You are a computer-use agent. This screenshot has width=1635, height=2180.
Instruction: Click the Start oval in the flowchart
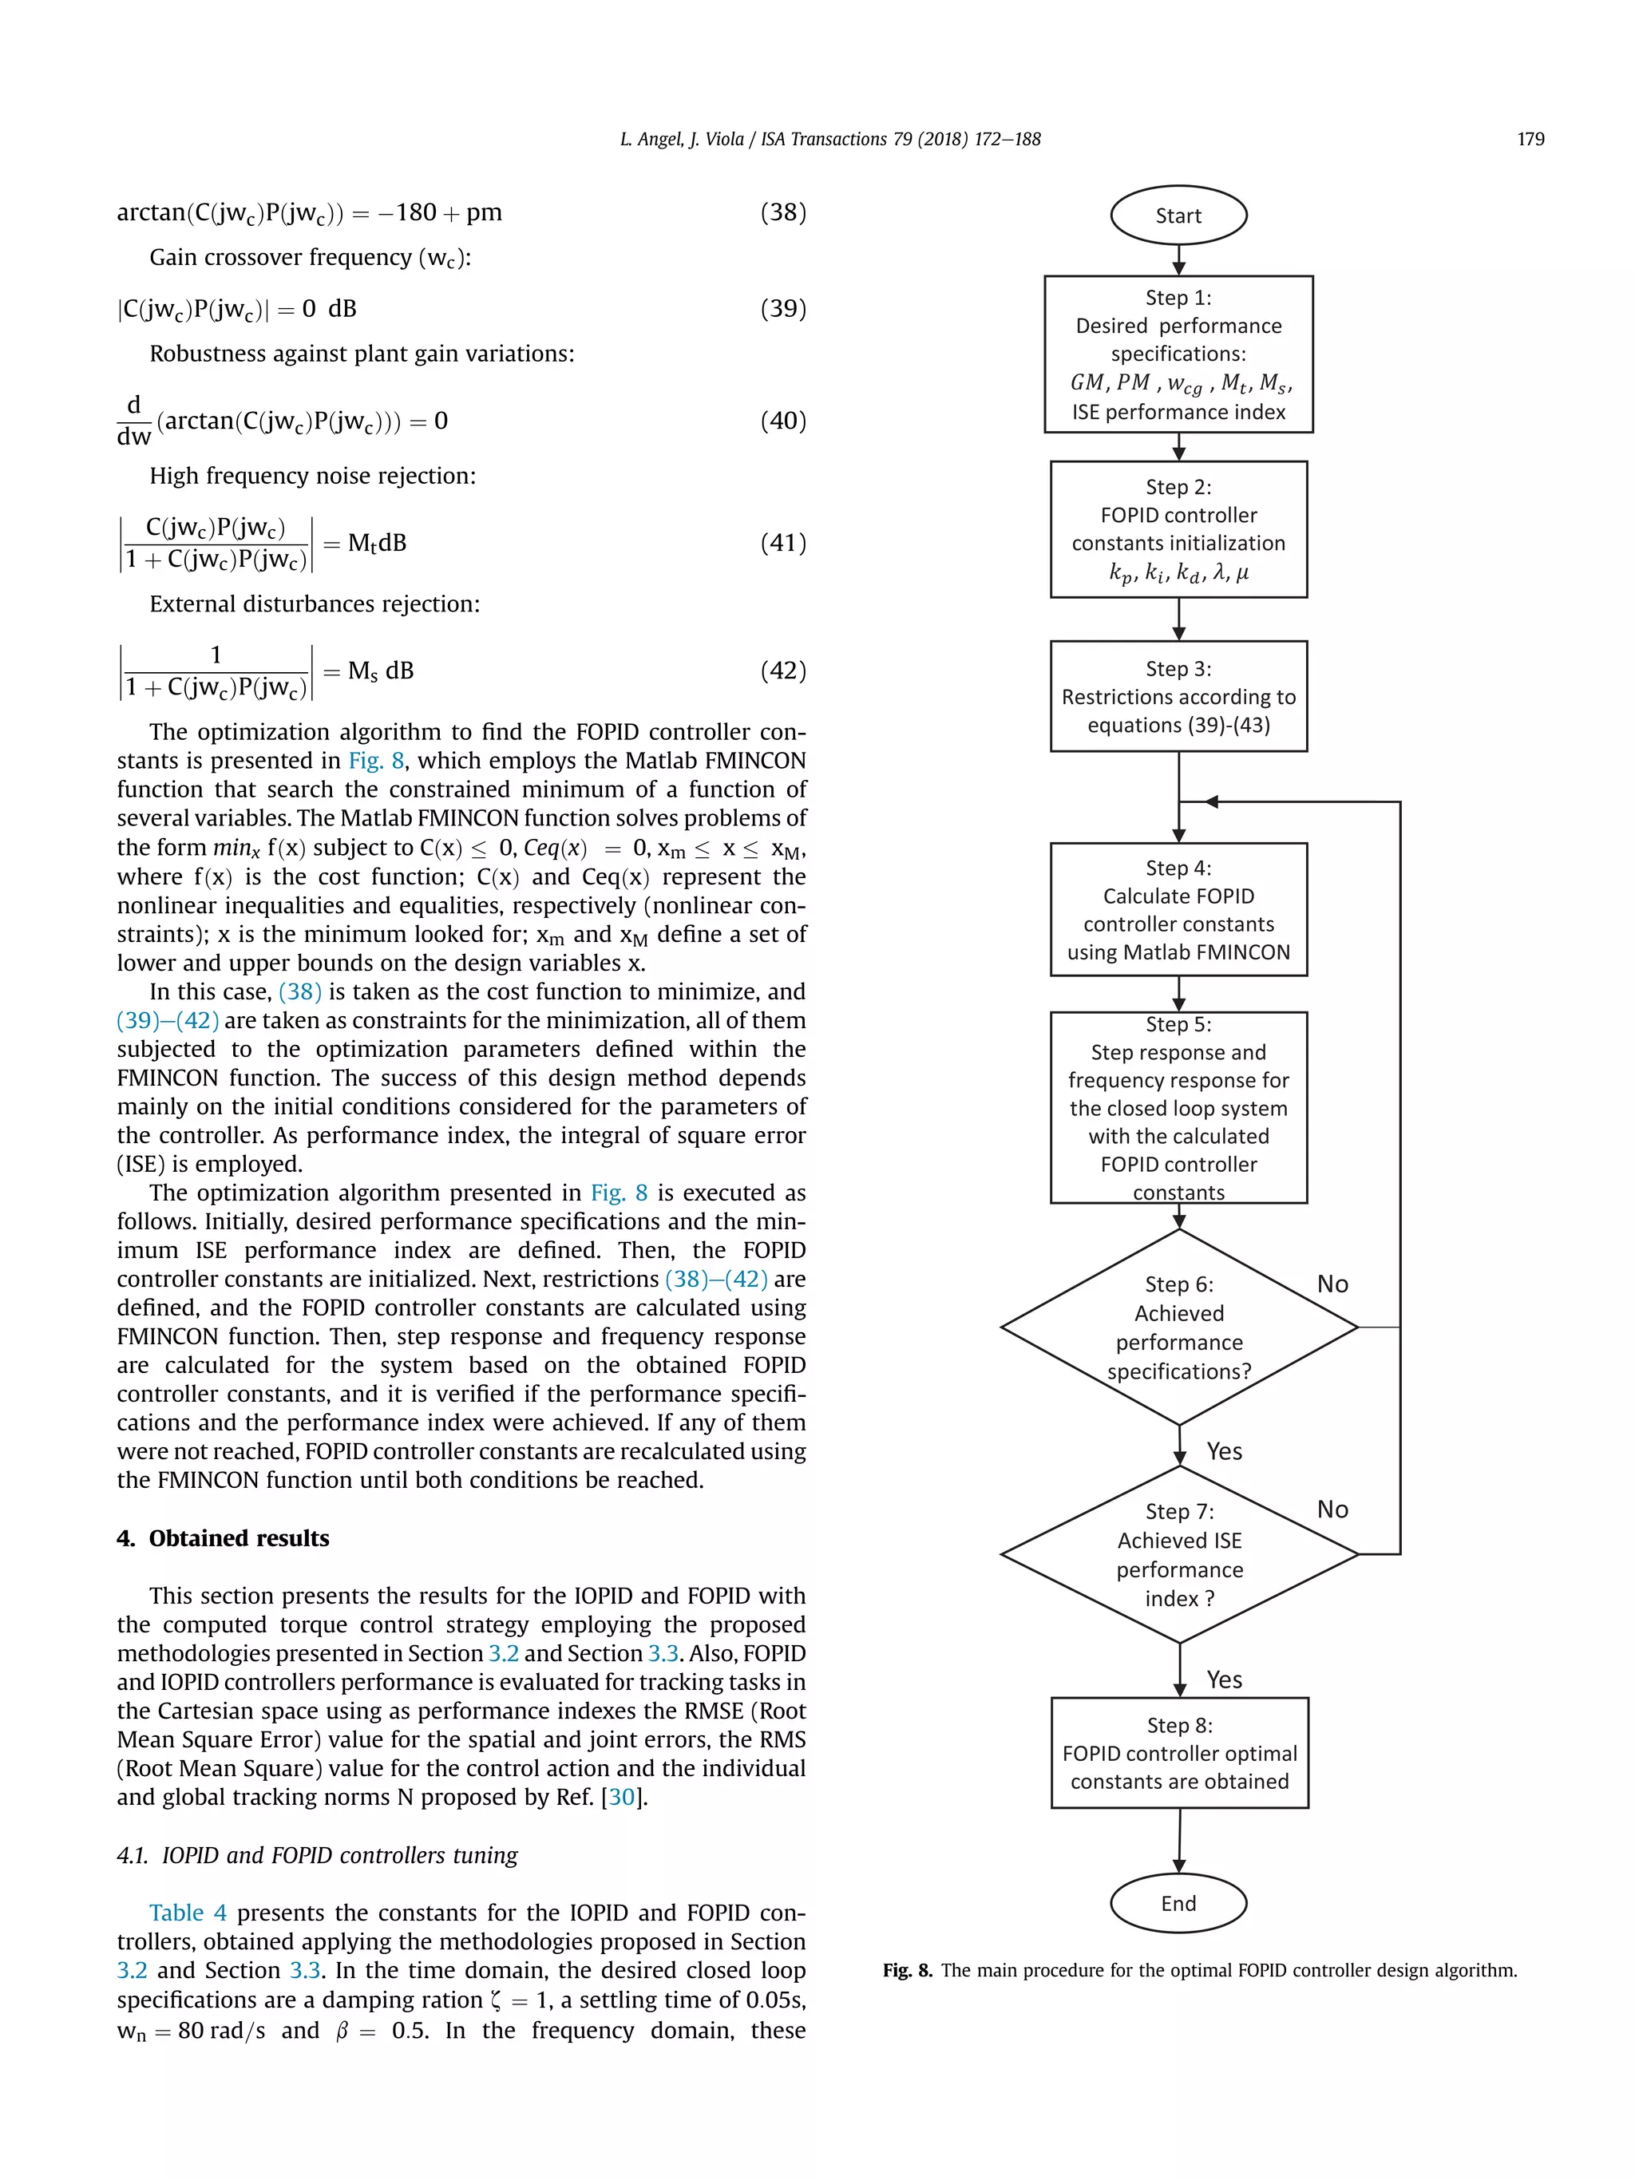pyautogui.click(x=1178, y=216)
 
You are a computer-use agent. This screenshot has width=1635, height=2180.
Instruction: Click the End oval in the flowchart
pyautogui.click(x=1178, y=1903)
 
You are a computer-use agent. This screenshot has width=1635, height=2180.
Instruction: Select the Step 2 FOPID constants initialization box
pyautogui.click(x=1178, y=529)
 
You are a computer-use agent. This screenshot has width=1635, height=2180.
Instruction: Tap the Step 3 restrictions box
pyautogui.click(x=1178, y=697)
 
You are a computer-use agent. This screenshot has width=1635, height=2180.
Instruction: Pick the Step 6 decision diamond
pyautogui.click(x=1178, y=1327)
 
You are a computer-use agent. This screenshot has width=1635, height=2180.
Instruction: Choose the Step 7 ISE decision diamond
pyautogui.click(x=1178, y=1554)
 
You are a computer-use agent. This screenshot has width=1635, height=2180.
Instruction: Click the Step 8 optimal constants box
pyautogui.click(x=1178, y=1752)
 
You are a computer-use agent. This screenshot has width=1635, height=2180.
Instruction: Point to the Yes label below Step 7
pyautogui.click(x=1224, y=1680)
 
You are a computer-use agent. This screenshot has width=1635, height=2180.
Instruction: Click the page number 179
pyautogui.click(x=1530, y=139)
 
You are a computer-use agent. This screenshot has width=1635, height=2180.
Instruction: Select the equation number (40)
pyautogui.click(x=782, y=421)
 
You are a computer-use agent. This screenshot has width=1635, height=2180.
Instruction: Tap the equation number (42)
pyautogui.click(x=782, y=671)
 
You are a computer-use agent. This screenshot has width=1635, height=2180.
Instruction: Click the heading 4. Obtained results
pyautogui.click(x=223, y=1538)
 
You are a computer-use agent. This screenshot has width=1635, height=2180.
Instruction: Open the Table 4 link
pyautogui.click(x=188, y=1913)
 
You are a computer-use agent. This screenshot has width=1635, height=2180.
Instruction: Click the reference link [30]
pyautogui.click(x=622, y=1797)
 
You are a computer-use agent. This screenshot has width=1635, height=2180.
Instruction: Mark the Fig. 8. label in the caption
pyautogui.click(x=907, y=1970)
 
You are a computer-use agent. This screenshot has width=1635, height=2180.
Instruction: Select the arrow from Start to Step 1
pyautogui.click(x=1178, y=259)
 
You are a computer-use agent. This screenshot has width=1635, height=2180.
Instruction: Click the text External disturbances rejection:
pyautogui.click(x=315, y=604)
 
